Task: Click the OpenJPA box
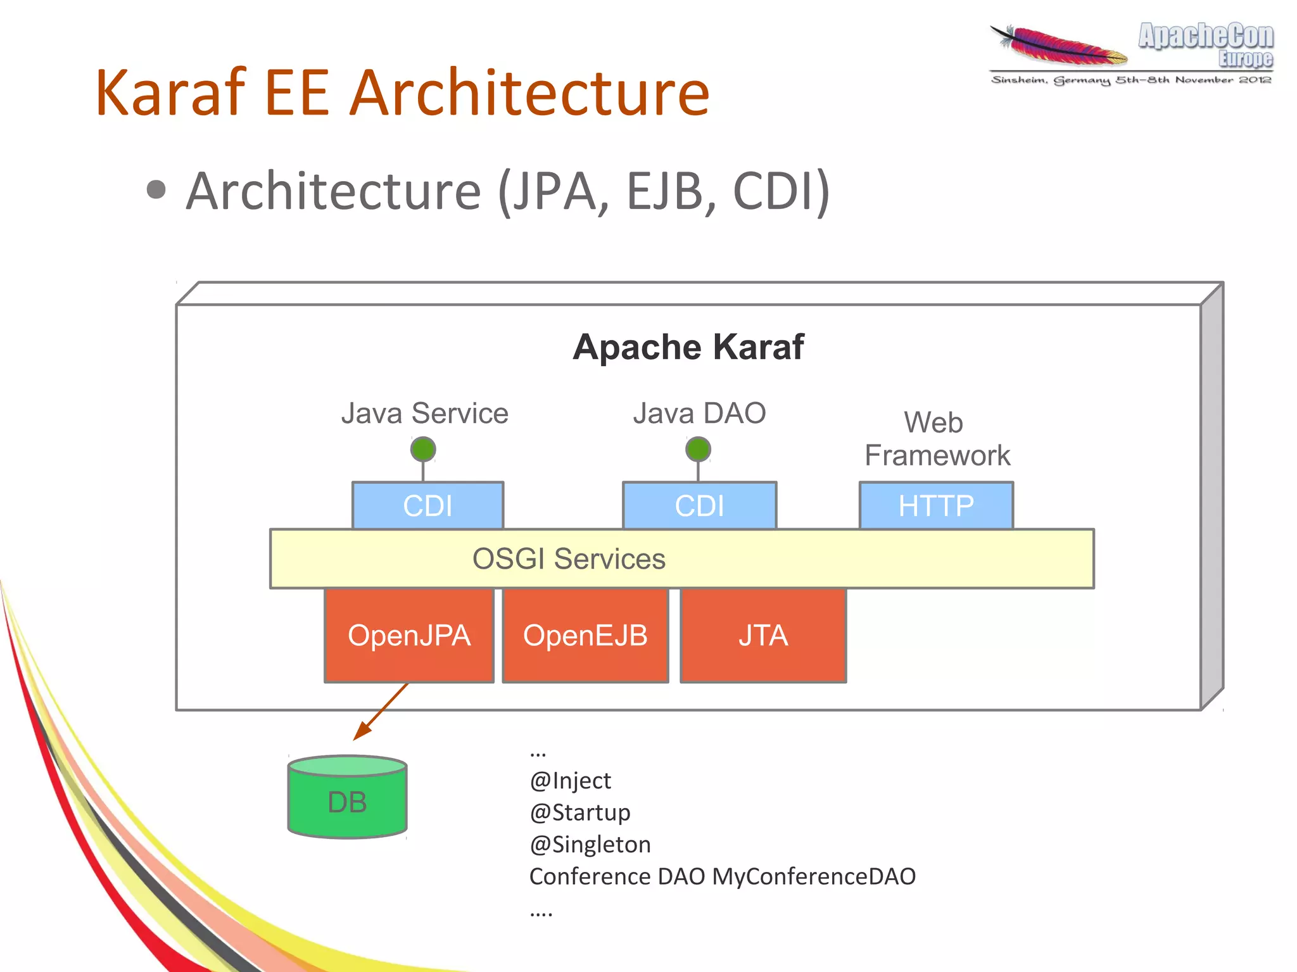tap(408, 635)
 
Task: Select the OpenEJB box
tap(585, 635)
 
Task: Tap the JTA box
tap(763, 635)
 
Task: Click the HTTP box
tap(936, 505)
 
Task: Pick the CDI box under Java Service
tap(427, 505)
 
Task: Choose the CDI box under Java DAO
tap(699, 505)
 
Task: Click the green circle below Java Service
tap(423, 450)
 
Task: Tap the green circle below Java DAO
tap(698, 450)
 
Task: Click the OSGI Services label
tap(569, 559)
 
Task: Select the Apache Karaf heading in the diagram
tap(688, 347)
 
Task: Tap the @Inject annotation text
tap(570, 781)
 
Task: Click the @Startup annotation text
tap(579, 812)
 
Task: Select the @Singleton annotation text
tap(590, 845)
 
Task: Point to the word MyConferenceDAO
tap(814, 876)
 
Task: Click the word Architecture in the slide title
tap(529, 93)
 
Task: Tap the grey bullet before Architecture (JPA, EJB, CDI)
tap(156, 190)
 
